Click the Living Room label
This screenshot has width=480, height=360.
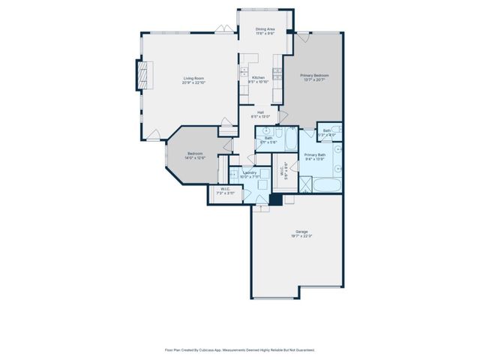pyautogui.click(x=193, y=78)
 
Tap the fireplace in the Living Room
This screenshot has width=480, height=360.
pyautogui.click(x=141, y=76)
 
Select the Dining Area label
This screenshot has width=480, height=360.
pyautogui.click(x=265, y=28)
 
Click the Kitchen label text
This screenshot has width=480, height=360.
pyautogui.click(x=258, y=78)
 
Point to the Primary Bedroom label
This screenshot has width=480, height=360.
pyautogui.click(x=316, y=75)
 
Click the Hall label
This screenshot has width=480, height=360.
pyautogui.click(x=259, y=112)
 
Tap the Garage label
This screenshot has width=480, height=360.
pyautogui.click(x=301, y=232)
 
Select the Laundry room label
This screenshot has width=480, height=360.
pyautogui.click(x=250, y=172)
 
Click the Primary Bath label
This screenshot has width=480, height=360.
pyautogui.click(x=315, y=154)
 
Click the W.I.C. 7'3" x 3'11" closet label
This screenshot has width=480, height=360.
pyautogui.click(x=223, y=190)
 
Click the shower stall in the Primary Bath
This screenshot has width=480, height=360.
pyautogui.click(x=305, y=183)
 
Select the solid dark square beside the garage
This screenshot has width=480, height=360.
pyautogui.click(x=275, y=199)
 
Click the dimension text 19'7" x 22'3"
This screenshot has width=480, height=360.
pyautogui.click(x=301, y=236)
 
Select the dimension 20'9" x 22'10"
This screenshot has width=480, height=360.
pyautogui.click(x=193, y=82)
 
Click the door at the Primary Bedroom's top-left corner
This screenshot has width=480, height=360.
pyautogui.click(x=300, y=36)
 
